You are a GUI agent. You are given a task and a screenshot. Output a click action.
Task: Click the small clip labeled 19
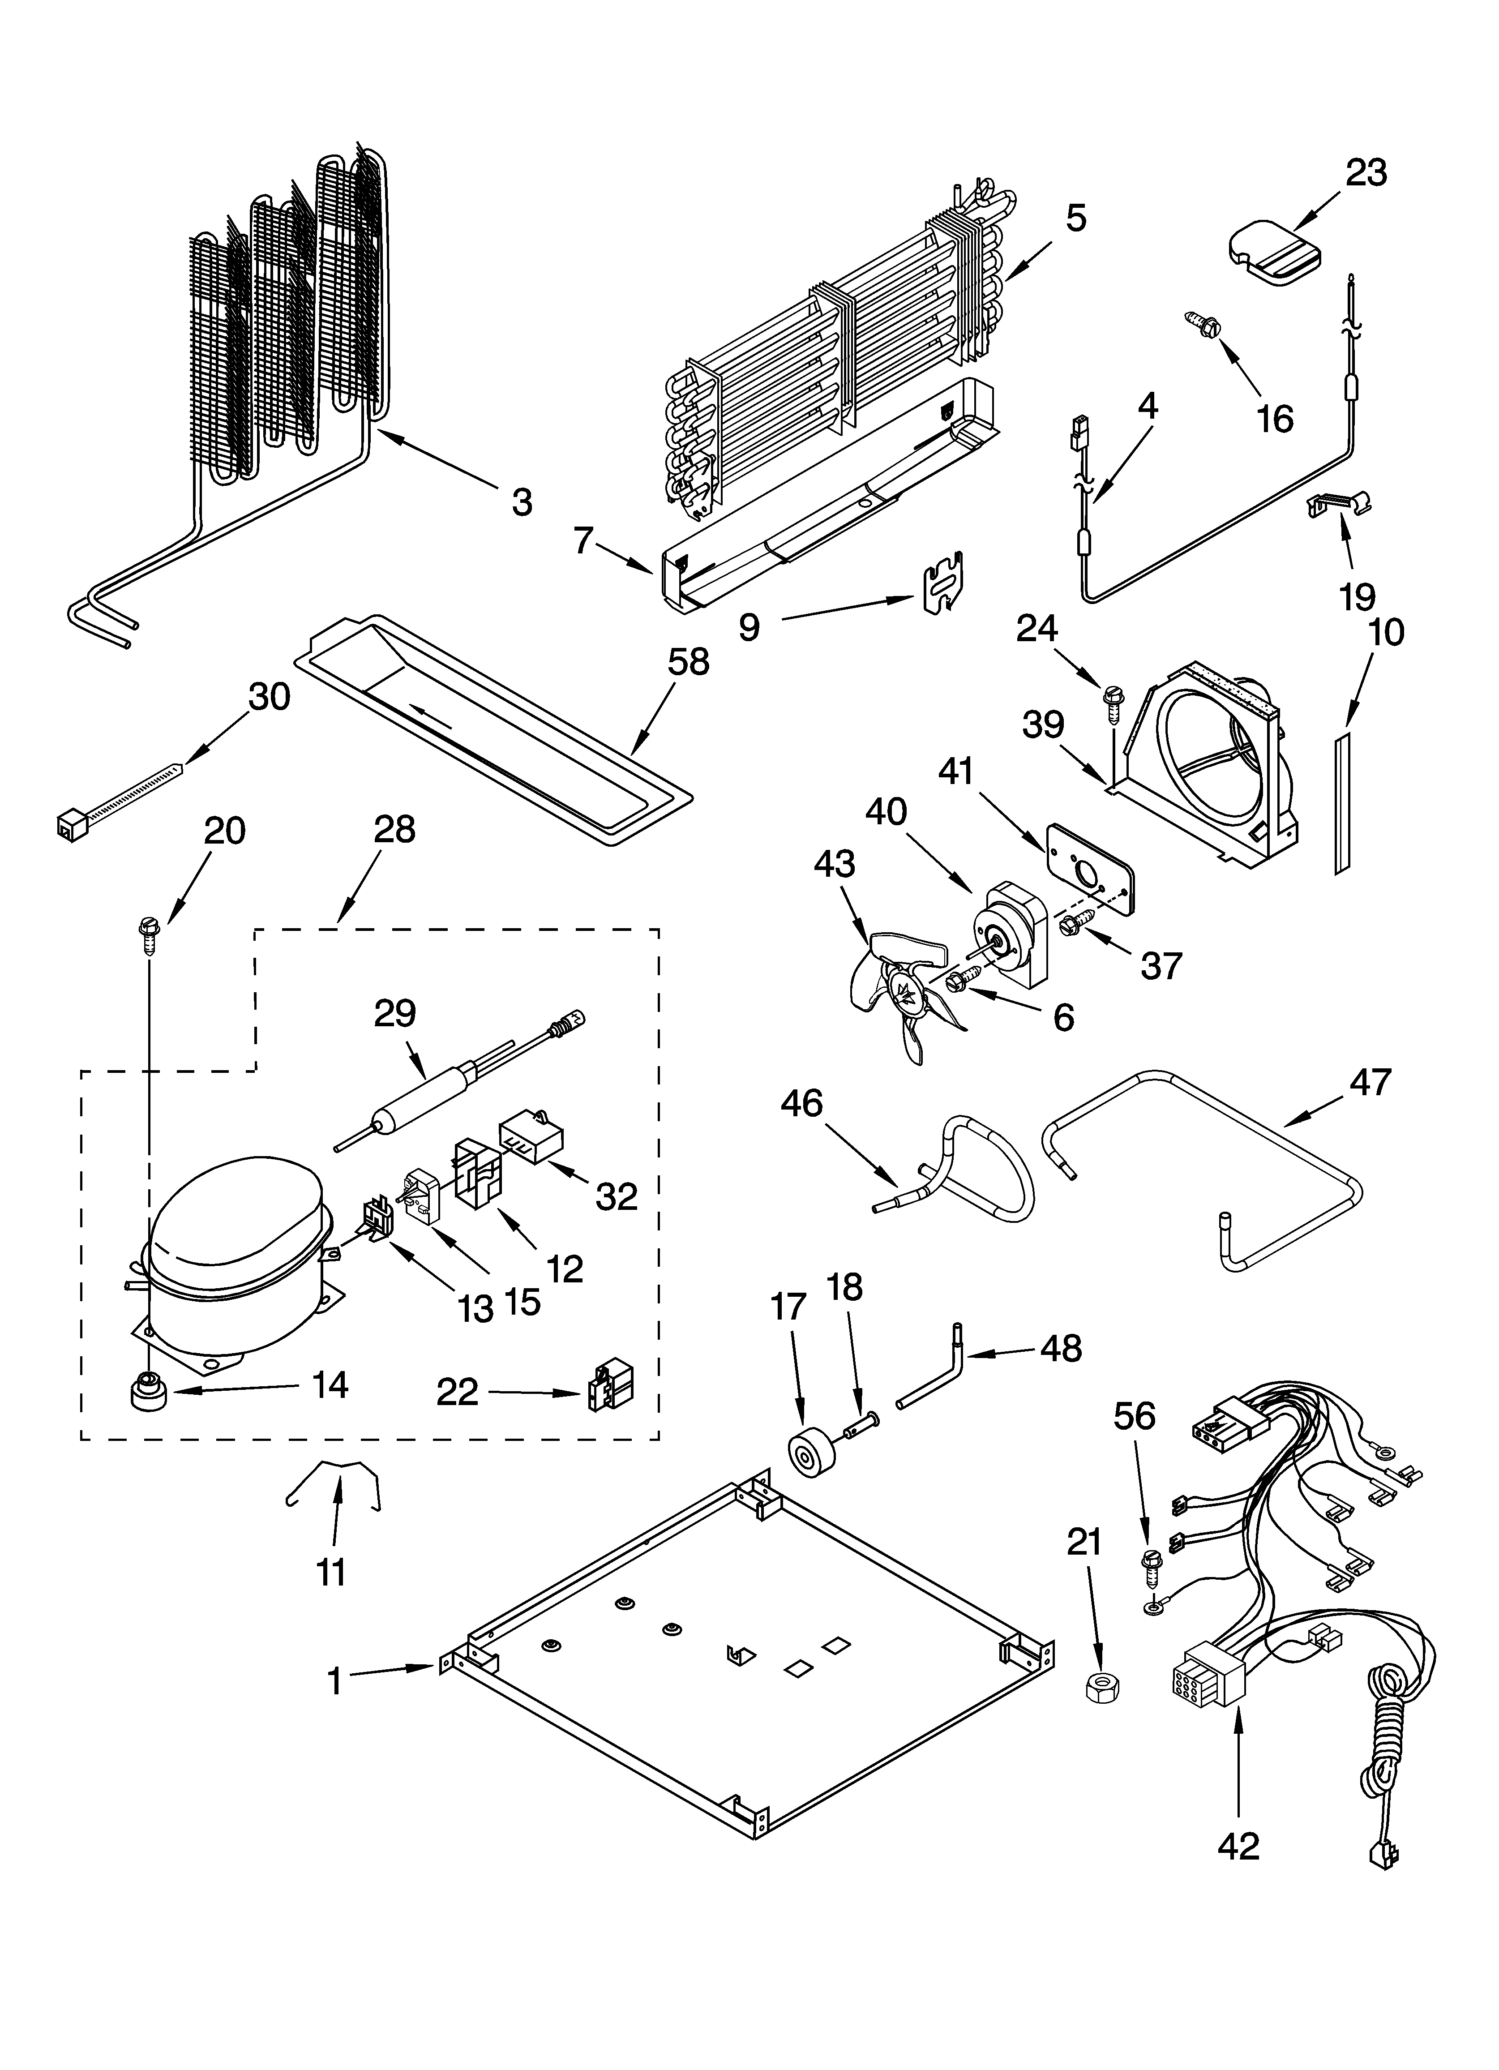1338,502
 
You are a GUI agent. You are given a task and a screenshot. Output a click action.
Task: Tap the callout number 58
687,662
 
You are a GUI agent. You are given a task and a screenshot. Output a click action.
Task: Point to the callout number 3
521,501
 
